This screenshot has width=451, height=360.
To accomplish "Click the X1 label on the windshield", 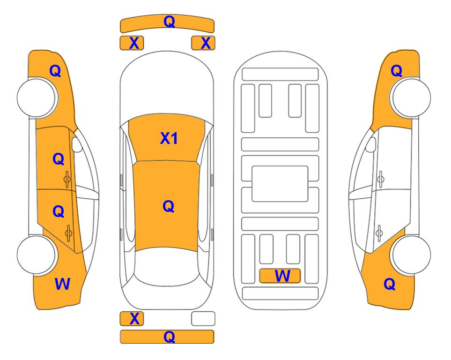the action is [x=169, y=138].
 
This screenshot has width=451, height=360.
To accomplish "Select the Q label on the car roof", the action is [x=169, y=206].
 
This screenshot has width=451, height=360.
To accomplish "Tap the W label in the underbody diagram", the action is [x=282, y=276].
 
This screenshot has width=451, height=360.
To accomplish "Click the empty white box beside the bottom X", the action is [x=203, y=319].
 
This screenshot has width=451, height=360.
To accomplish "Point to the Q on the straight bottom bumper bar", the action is [x=169, y=337].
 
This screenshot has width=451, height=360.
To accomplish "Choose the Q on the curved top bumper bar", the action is [x=169, y=21].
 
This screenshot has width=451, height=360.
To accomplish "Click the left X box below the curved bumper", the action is [x=132, y=43].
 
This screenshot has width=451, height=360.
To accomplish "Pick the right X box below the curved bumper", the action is [x=203, y=43].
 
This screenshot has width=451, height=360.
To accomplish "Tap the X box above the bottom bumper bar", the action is [x=132, y=319].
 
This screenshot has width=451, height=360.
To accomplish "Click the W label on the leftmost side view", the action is [x=62, y=284].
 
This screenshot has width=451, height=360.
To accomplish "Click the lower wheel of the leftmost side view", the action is [x=36, y=255].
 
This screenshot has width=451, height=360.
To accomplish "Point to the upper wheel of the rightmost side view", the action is [x=411, y=97].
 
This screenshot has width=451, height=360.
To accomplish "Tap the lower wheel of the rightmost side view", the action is [x=411, y=255].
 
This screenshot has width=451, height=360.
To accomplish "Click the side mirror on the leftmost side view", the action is [x=77, y=144].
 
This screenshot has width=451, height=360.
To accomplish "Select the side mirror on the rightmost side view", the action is [x=371, y=144].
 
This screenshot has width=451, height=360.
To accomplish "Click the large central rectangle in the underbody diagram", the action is [x=280, y=184].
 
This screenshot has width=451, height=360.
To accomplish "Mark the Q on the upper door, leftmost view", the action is [x=58, y=159].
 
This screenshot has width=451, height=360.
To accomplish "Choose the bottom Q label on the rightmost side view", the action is [x=390, y=284].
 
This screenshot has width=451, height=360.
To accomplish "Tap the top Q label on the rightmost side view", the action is [x=396, y=71].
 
